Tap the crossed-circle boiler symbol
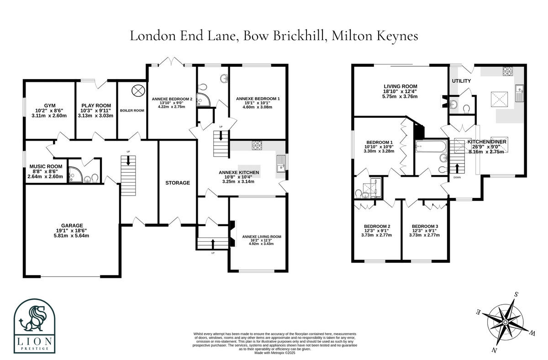tap(137, 90)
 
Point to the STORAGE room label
tap(177, 183)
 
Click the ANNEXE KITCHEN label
tap(239, 172)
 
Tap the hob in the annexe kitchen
tap(257, 145)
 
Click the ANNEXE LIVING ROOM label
tap(261, 237)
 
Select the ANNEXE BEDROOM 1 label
tap(258, 99)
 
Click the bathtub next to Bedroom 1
tap(431, 148)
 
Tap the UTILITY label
tap(461, 81)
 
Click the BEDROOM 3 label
tap(425, 226)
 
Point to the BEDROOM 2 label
tap(377, 226)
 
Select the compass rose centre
tap(506, 323)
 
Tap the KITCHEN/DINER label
tap(486, 142)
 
